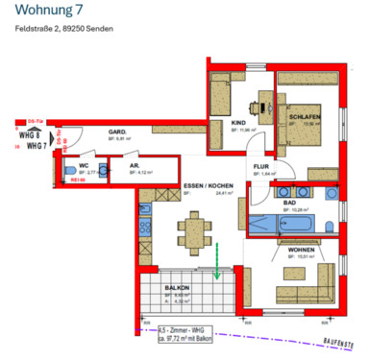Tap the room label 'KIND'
point(239,122)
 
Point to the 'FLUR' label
point(260,166)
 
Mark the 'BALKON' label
point(176,288)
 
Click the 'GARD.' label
point(118,132)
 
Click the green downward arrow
point(218,261)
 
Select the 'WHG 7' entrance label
point(37,147)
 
